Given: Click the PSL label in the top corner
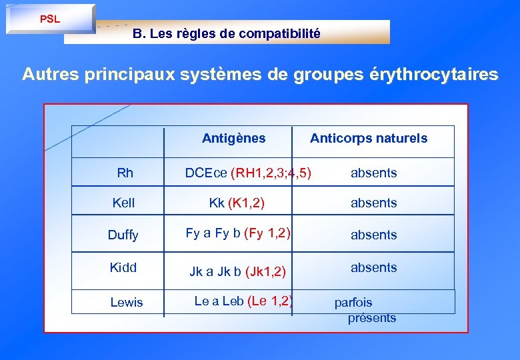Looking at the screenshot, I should [50, 19].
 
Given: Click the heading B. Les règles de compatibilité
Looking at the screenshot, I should [226, 33].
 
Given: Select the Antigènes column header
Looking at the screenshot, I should [233, 139].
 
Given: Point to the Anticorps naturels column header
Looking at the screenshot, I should [369, 139].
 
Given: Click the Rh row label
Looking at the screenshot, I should [125, 173].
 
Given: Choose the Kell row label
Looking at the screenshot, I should [123, 203].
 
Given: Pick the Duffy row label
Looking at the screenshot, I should [123, 235].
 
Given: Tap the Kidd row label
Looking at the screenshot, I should [123, 267].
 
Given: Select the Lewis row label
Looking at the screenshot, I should [127, 303].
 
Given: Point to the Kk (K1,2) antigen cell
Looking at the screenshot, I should [237, 203].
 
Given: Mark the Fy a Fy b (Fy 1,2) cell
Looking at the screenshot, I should [238, 233].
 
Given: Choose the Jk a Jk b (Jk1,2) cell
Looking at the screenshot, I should [238, 271].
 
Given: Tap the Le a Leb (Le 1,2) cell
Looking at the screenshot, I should [243, 301].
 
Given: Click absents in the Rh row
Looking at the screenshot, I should [373, 173].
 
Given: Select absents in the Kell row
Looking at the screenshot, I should [373, 203].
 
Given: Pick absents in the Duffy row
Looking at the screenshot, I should [373, 235].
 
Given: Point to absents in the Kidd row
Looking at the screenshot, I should [373, 267].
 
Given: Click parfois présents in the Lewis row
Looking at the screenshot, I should [363, 310].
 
